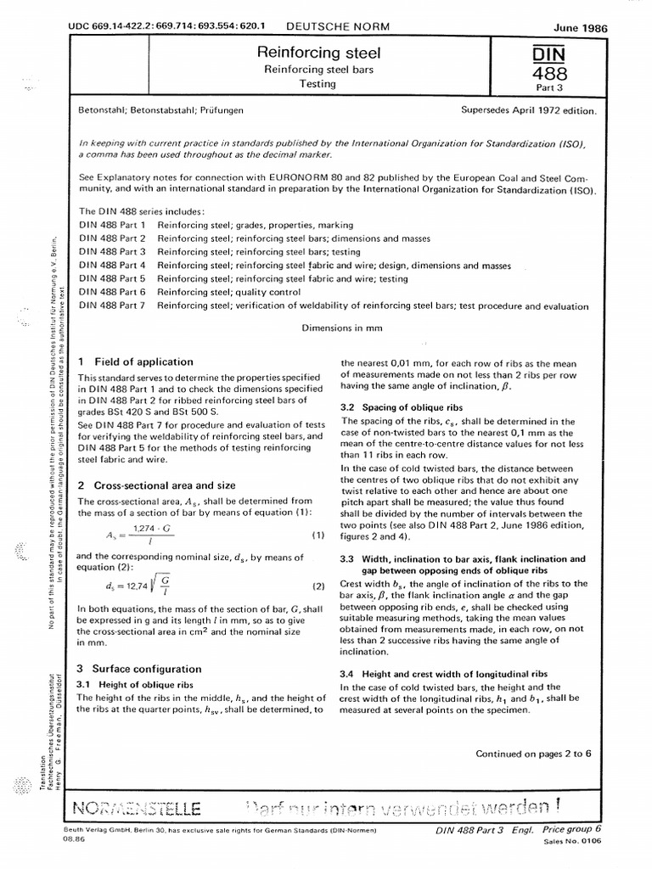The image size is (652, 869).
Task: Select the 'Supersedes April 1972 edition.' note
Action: (528, 110)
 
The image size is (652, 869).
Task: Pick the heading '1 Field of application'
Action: (130, 360)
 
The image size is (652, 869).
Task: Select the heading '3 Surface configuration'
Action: (139, 669)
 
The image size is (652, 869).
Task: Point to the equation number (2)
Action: (318, 610)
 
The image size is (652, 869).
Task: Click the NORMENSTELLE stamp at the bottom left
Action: (138, 805)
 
